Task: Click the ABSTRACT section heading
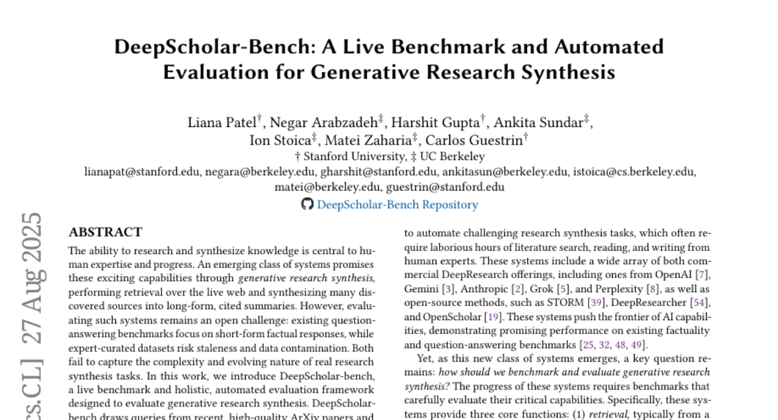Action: click(106, 232)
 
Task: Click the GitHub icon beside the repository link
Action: click(307, 205)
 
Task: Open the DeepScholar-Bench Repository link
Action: click(397, 205)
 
